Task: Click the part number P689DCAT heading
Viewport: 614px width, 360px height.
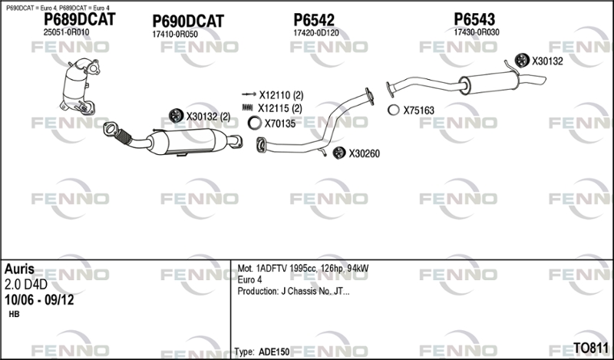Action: (79, 19)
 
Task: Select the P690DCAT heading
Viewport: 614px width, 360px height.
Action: (188, 21)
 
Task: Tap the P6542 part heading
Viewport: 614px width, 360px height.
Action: (314, 20)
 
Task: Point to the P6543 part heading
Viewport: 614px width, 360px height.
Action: (474, 19)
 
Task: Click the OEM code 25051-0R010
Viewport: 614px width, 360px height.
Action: (66, 32)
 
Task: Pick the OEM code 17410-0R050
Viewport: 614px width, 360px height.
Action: (175, 34)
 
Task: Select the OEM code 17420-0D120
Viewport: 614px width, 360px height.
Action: (316, 33)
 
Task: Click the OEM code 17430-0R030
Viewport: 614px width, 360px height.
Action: (477, 32)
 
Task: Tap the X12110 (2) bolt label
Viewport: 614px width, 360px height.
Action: (281, 95)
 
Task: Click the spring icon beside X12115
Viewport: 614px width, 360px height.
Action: (248, 107)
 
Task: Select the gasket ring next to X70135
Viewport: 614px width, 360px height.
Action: (255, 124)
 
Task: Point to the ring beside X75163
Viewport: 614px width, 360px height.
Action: (394, 110)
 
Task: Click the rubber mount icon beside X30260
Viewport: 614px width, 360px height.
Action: (339, 153)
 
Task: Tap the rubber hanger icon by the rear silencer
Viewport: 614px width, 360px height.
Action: (522, 60)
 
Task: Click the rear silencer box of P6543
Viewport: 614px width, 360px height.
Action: (490, 83)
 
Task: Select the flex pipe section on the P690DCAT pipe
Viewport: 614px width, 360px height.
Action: (124, 137)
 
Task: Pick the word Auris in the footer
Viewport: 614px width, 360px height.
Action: (20, 269)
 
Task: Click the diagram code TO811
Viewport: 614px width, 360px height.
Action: (591, 348)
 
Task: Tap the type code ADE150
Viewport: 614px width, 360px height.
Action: (274, 352)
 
